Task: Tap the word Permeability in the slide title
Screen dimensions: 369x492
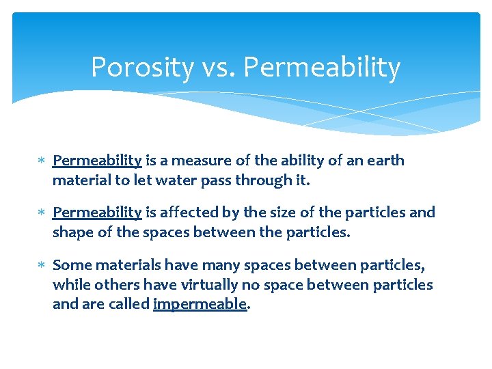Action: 322,68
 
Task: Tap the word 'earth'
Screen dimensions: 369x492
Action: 385,161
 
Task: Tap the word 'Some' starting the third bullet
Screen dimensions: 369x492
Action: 70,265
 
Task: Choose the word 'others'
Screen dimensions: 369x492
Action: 111,284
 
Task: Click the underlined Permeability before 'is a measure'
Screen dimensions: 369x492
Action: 97,161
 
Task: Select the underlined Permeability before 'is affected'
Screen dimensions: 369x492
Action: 97,213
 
